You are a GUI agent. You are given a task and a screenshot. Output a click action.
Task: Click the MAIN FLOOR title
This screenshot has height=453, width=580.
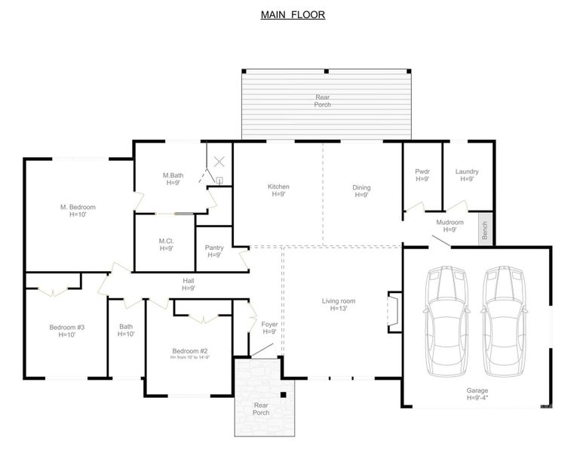(x=293, y=14)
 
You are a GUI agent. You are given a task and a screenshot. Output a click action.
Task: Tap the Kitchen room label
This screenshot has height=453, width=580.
(x=278, y=191)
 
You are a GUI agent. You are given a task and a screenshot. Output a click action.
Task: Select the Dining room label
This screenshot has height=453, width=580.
(x=361, y=192)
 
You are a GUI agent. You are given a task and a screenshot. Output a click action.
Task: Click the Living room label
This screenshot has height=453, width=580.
(x=339, y=305)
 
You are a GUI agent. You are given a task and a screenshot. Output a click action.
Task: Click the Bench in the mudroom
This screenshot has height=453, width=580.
(x=486, y=228)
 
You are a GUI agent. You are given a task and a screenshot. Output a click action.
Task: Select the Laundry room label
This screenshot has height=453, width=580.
(x=467, y=175)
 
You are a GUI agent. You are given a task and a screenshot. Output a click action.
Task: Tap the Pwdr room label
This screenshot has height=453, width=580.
(x=422, y=175)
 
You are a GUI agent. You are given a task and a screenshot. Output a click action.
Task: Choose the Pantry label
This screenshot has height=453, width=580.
(x=213, y=251)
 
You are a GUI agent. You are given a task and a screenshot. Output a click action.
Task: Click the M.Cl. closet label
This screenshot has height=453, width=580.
(x=166, y=245)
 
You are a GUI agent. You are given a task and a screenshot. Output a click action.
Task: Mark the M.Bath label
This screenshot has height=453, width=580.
(x=173, y=179)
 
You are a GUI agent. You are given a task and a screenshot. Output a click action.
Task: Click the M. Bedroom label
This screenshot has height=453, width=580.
(x=78, y=211)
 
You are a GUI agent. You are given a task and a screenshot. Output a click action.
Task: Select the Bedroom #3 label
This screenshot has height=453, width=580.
(x=66, y=331)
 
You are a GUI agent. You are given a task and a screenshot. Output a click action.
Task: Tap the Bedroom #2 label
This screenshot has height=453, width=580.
(x=190, y=354)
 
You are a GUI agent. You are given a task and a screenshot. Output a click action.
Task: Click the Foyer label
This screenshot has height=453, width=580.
(x=269, y=328)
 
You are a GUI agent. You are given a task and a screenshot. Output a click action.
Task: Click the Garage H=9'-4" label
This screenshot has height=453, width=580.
(x=477, y=394)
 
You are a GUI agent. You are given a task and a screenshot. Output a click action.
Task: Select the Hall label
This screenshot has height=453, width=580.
(x=189, y=284)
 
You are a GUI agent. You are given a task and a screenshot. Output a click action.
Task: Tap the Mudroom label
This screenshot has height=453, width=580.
(x=450, y=226)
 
